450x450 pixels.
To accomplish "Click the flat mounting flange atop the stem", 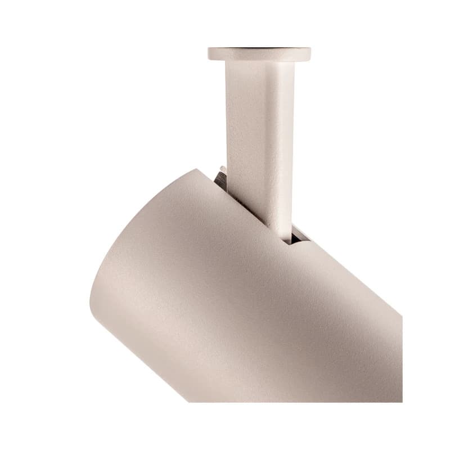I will [259, 55].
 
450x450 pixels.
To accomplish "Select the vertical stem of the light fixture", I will [259, 141].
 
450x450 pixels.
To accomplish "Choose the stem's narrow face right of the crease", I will [286, 141].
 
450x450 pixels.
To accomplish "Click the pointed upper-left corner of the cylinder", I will [197, 170].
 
